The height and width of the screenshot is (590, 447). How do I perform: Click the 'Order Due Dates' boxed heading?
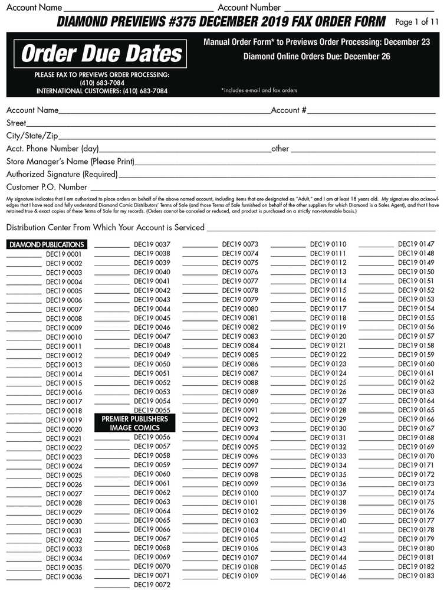(x=102, y=54)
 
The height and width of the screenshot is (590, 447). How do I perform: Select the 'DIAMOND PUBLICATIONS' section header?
(x=47, y=244)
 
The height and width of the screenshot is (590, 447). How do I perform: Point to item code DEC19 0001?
(x=64, y=254)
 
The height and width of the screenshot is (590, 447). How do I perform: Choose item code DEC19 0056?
(x=152, y=437)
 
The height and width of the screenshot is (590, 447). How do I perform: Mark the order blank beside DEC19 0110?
(x=288, y=244)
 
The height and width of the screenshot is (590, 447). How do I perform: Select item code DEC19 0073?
(x=240, y=244)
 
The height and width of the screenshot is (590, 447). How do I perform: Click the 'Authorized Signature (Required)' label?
(x=62, y=175)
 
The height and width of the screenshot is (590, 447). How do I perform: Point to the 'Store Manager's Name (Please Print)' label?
(x=70, y=162)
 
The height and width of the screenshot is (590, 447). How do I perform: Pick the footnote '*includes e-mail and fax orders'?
(x=259, y=90)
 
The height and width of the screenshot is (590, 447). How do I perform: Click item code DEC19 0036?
(x=64, y=577)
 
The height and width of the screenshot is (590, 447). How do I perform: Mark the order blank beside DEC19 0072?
(x=112, y=585)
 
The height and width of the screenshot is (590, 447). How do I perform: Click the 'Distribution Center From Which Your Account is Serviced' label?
(x=105, y=227)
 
